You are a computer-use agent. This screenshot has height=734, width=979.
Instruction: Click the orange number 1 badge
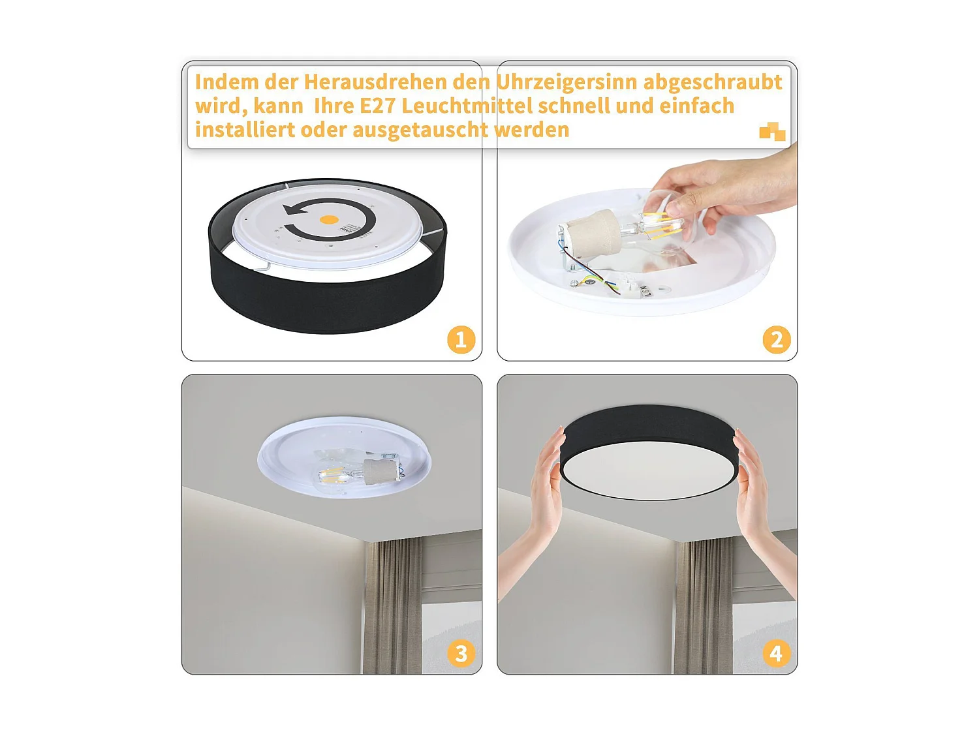tap(461, 340)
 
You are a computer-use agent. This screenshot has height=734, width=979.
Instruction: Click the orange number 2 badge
tap(776, 340)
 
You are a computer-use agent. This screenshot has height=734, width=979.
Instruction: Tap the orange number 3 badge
tap(461, 653)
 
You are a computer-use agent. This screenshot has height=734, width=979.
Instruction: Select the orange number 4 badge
tap(776, 653)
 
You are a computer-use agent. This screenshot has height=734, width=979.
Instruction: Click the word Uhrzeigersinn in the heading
tap(566, 82)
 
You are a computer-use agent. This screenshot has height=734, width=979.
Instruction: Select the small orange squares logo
tap(772, 132)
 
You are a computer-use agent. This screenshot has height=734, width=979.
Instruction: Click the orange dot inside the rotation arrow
tap(330, 220)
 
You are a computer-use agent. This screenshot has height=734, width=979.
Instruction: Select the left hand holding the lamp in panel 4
tap(545, 483)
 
